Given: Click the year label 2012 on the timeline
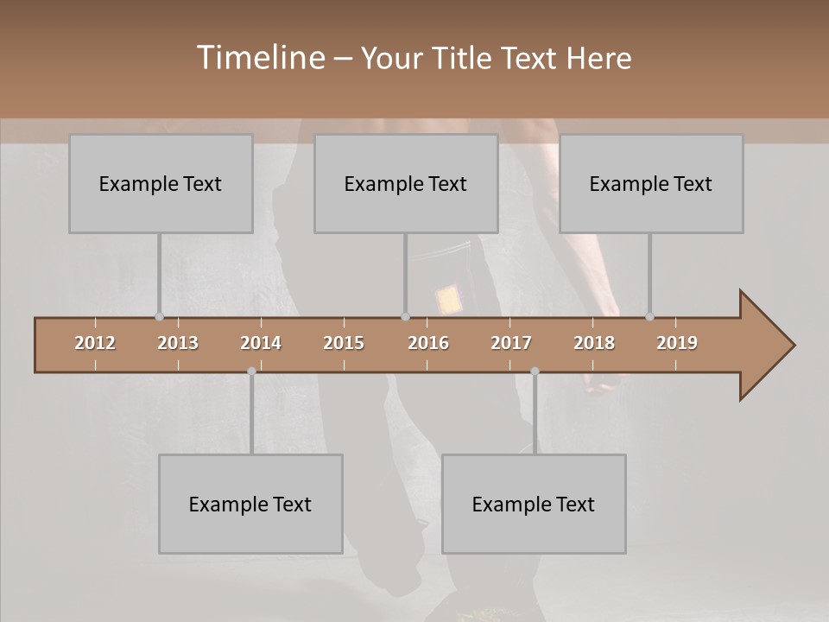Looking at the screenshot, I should click(x=95, y=343).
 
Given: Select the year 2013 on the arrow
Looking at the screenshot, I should click(x=178, y=343).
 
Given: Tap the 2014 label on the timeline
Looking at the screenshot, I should click(x=261, y=343).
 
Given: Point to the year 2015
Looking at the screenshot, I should click(x=344, y=343).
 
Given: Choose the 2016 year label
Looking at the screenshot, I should click(x=428, y=343).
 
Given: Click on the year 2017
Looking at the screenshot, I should click(x=511, y=343).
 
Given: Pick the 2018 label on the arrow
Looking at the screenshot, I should click(x=594, y=343).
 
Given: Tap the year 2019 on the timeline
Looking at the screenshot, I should click(x=677, y=343).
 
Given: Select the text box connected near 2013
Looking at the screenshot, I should click(x=161, y=183).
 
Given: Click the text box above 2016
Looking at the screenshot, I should click(x=406, y=183).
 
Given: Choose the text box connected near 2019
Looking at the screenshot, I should click(x=651, y=183).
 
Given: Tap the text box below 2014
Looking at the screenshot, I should click(x=250, y=504).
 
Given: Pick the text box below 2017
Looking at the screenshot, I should click(x=534, y=504).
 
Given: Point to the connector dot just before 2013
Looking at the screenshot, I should click(x=159, y=316).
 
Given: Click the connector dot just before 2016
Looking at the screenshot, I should click(x=405, y=316).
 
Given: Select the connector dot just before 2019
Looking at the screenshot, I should click(x=649, y=316).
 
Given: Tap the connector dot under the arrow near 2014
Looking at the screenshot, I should click(x=251, y=371).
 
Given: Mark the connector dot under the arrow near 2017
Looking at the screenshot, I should click(x=535, y=371).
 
